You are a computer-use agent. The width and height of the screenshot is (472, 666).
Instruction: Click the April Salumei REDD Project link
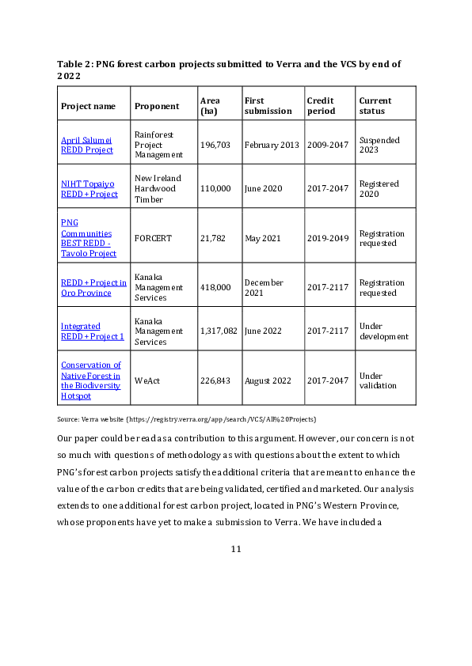87,145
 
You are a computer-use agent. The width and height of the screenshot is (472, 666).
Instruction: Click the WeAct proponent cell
147,380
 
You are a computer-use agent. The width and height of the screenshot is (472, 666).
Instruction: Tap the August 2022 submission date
268,380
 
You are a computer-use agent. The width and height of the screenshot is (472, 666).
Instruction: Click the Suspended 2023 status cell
379,145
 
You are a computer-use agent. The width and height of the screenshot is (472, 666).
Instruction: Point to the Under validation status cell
378,380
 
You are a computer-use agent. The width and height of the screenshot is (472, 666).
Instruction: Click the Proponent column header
157,106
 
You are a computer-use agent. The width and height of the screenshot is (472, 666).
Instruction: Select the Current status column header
375,106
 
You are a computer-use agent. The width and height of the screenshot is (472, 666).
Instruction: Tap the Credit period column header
321,106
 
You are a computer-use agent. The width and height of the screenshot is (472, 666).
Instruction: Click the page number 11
236,549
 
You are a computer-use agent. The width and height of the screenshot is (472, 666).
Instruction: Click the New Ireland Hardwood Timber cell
158,188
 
